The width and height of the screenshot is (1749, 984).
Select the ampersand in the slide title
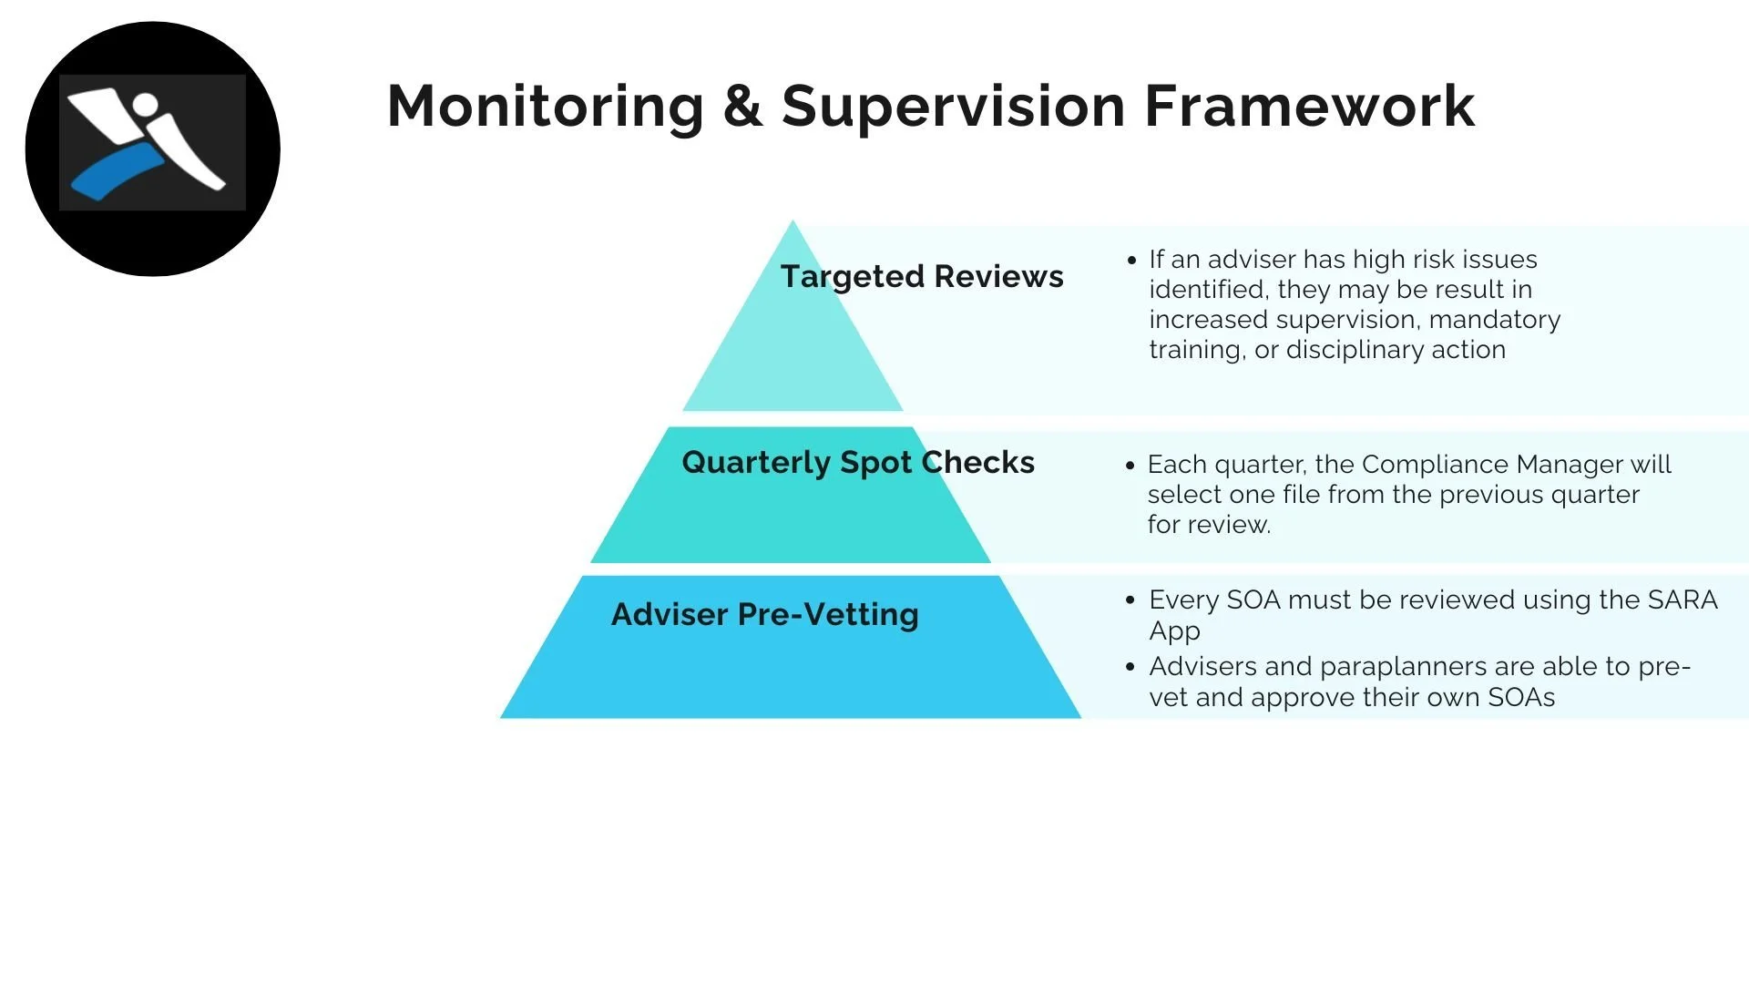click(x=742, y=106)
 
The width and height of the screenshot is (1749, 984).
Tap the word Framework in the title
click(x=1309, y=106)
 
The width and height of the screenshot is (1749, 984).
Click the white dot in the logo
click(x=144, y=103)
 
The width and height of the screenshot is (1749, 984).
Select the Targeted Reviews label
click(x=922, y=277)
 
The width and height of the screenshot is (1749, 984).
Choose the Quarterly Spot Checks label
click(x=858, y=463)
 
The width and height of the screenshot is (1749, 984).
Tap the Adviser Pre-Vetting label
click(x=765, y=614)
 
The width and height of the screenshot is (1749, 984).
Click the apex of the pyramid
click(x=793, y=220)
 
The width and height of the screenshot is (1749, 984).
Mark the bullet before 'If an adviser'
click(x=1131, y=261)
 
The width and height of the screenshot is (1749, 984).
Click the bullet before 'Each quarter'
click(x=1130, y=466)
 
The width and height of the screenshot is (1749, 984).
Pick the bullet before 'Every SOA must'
click(x=1130, y=600)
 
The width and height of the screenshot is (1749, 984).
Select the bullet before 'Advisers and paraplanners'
click(x=1130, y=667)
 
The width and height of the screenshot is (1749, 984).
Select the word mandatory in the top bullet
click(x=1495, y=321)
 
